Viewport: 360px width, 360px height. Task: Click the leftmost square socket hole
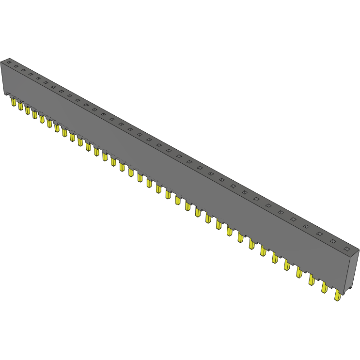(8, 63)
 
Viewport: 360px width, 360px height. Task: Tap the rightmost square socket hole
(346, 249)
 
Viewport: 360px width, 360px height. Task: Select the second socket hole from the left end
(16, 66)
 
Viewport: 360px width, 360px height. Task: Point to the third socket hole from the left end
(23, 70)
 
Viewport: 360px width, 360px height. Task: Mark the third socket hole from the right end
(319, 234)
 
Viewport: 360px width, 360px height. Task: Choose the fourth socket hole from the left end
(30, 74)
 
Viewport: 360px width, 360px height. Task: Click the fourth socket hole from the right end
(306, 226)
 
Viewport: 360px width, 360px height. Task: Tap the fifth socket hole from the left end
(38, 78)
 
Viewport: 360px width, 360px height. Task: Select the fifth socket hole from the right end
(293, 219)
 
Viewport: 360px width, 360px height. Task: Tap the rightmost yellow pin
(337, 295)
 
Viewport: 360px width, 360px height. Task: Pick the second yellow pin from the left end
(20, 106)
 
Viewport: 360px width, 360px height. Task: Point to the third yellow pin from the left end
(28, 110)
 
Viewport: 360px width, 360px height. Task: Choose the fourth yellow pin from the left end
(34, 114)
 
